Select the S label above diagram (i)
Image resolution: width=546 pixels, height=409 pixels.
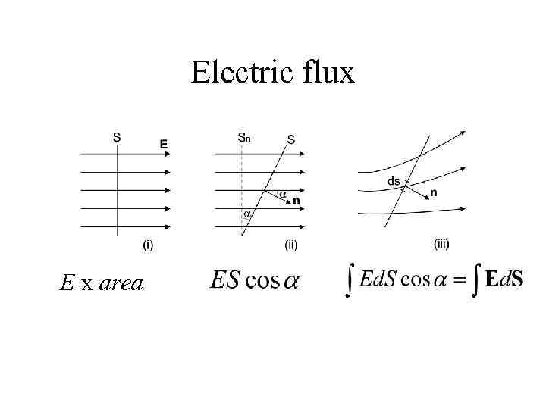(116, 137)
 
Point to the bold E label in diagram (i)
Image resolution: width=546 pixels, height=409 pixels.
(164, 142)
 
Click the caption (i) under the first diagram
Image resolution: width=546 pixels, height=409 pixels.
(149, 245)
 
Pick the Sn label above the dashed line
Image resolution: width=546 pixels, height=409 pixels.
(244, 137)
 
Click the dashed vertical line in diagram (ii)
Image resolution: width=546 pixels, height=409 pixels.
(242, 182)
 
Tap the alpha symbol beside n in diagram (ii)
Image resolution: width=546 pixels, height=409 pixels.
(282, 195)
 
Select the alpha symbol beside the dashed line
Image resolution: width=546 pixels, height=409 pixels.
(247, 214)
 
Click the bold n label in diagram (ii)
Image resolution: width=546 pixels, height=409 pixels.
(296, 201)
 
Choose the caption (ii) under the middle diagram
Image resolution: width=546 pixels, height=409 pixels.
(290, 245)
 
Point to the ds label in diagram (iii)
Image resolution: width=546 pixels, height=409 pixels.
(394, 180)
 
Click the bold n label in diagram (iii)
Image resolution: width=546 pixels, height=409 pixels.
(433, 192)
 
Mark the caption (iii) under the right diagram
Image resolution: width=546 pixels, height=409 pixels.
(441, 244)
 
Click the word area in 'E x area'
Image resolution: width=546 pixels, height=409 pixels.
(121, 284)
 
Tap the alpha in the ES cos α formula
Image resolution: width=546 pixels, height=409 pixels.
(290, 281)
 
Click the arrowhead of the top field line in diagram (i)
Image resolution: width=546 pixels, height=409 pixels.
(168, 154)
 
